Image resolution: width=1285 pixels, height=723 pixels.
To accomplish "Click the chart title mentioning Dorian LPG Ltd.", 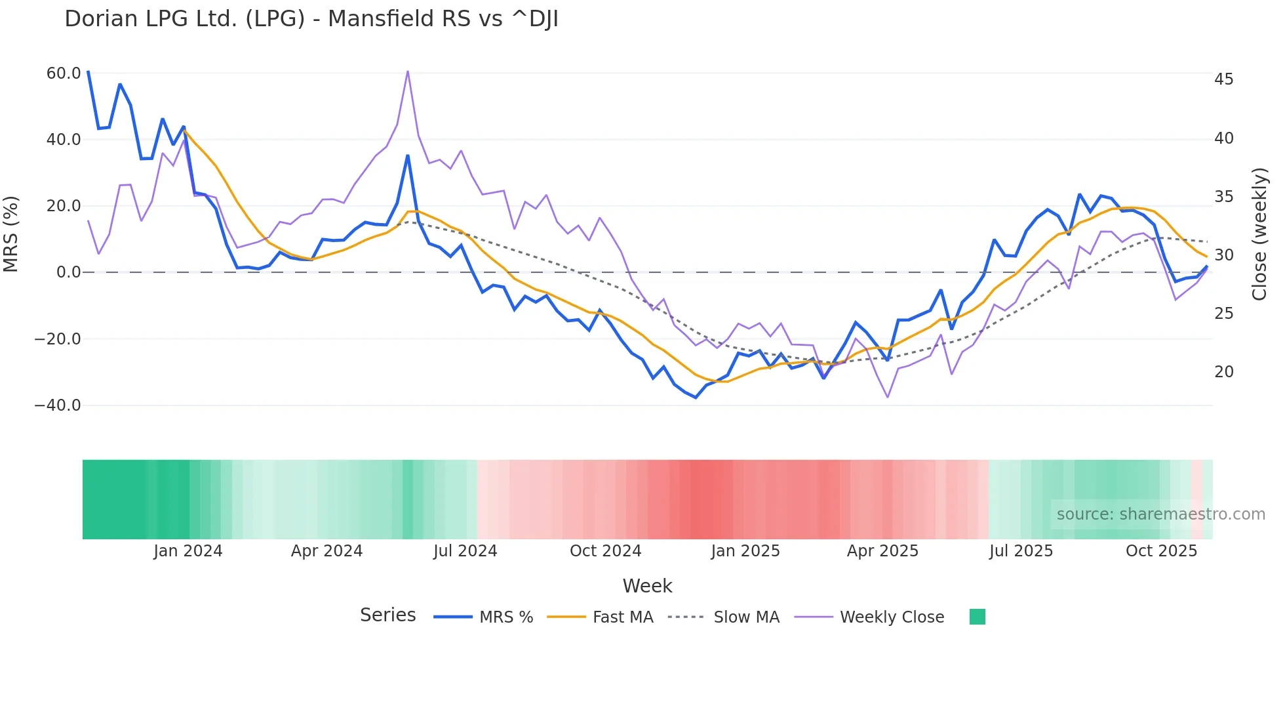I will pos(311,19).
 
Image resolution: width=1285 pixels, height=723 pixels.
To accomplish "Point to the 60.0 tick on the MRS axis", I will pos(64,73).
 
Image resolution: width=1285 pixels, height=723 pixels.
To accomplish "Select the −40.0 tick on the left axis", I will pos(58,405).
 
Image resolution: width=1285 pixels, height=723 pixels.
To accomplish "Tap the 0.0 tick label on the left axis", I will pos(68,272).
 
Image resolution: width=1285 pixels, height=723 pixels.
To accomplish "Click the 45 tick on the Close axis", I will pos(1223,79).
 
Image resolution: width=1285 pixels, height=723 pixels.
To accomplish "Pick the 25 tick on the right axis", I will pos(1223,314).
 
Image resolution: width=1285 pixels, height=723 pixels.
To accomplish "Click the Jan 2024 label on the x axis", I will pos(188,551).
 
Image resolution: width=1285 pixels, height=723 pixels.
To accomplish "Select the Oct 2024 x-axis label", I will pos(605,551).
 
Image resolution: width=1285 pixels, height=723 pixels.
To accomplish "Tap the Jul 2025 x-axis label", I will pos(1021,551).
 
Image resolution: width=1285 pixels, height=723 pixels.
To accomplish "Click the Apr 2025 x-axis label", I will pos(882,551).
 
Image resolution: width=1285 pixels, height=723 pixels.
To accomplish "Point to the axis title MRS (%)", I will pos(11,234).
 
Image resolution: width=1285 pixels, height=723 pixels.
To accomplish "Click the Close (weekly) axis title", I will pos(1259,234).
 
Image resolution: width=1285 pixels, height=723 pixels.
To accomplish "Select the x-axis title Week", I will pos(647,586).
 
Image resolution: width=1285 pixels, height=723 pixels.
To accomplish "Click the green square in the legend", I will pos(977,617).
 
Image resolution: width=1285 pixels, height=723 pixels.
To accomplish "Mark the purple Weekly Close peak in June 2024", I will pos(408,72).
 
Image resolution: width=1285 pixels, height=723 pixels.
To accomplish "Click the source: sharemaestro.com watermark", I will pos(1160,514).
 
